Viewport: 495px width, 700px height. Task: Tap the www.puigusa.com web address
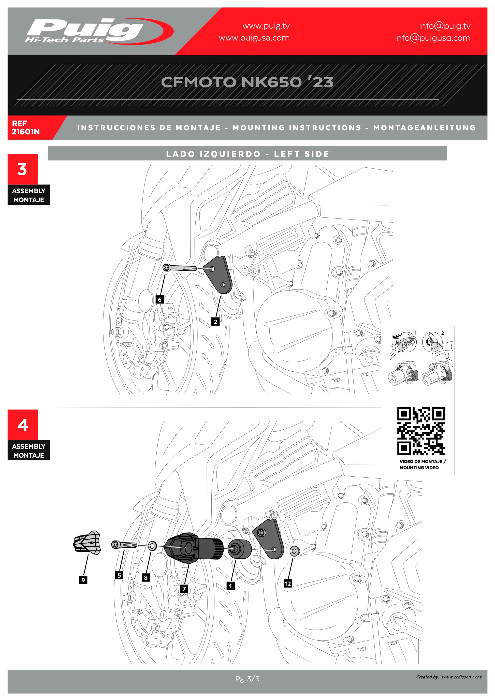(x=254, y=38)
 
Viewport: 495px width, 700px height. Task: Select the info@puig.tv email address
(x=444, y=26)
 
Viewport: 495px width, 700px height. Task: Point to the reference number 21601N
(x=26, y=132)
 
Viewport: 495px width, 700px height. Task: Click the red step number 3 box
(x=23, y=169)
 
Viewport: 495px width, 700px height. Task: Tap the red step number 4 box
(x=23, y=425)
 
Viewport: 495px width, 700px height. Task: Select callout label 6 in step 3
(x=159, y=299)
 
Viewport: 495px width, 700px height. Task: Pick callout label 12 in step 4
(x=287, y=584)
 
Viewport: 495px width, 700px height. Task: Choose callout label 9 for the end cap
(x=83, y=580)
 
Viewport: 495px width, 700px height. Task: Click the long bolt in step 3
(x=180, y=268)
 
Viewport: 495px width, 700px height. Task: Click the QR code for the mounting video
(x=421, y=431)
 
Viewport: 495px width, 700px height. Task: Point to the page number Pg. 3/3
(x=247, y=679)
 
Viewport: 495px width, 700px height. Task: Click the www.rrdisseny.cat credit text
(x=461, y=677)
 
